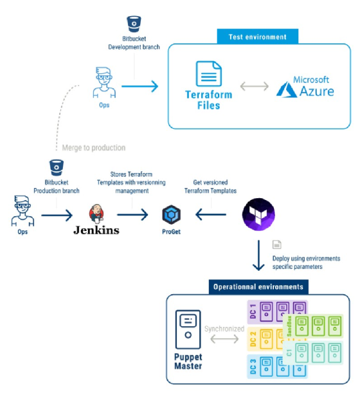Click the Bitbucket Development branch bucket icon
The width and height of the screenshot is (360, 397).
(x=134, y=24)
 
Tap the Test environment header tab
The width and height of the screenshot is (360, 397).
(x=258, y=37)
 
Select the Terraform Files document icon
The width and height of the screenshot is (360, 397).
(x=209, y=74)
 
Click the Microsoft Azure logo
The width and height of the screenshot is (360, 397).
(x=305, y=87)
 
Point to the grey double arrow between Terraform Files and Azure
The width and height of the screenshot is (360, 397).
(x=255, y=86)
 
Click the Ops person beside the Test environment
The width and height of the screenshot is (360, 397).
(x=104, y=82)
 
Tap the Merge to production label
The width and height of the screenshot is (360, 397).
(x=94, y=147)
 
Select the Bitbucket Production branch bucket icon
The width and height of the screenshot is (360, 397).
(x=57, y=167)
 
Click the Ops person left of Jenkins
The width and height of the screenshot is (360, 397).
(x=22, y=211)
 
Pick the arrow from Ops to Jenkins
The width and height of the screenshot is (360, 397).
(x=57, y=215)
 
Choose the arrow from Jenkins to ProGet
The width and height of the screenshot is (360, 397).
(x=132, y=215)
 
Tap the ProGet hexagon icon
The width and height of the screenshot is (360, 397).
(x=171, y=214)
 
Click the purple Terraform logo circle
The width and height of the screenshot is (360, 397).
(x=258, y=214)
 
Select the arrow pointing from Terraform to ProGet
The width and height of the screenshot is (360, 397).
(x=211, y=214)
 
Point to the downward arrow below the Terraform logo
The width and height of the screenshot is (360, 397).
(x=258, y=255)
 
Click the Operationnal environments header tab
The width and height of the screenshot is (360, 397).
(x=258, y=287)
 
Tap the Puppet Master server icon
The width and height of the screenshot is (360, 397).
(x=188, y=329)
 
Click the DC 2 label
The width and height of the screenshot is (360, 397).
(x=253, y=338)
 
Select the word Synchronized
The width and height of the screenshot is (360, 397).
(x=224, y=329)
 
